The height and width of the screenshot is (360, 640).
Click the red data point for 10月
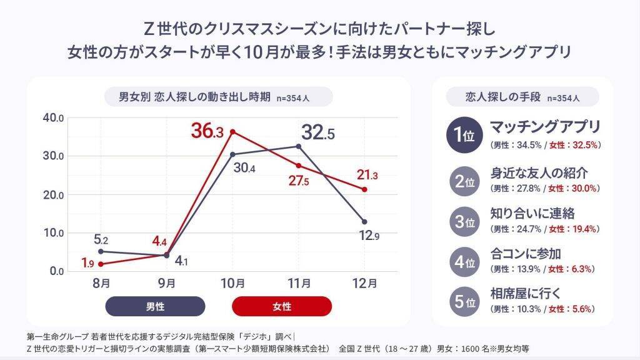(232, 132)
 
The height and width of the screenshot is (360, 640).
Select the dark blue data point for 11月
(298, 146)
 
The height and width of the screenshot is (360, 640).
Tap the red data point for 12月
(364, 189)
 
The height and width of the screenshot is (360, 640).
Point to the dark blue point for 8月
(101, 251)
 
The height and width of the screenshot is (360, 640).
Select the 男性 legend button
(155, 306)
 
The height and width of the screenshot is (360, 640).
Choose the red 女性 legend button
(282, 306)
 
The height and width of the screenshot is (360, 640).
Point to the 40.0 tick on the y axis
(53, 118)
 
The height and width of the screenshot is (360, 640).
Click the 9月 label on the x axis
(166, 283)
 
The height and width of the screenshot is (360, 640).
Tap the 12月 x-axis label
(364, 283)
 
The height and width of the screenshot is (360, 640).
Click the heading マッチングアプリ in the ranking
(545, 127)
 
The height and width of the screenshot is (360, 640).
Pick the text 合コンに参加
(526, 254)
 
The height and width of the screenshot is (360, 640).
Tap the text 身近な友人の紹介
(539, 173)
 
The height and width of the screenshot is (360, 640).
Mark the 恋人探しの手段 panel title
(522, 97)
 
